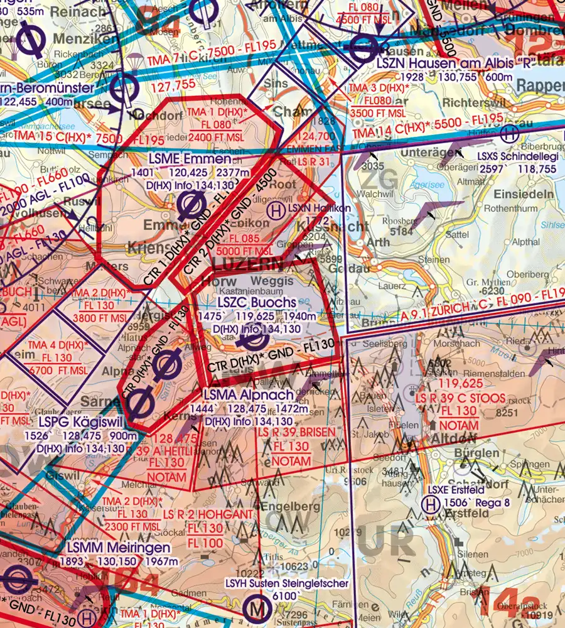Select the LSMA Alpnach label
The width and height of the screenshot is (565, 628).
coord(248,394)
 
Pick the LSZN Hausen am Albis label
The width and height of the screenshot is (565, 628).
coord(444,63)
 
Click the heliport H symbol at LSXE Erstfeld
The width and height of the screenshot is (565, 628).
coord(430,504)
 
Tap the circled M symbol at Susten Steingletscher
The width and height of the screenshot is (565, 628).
coord(256,608)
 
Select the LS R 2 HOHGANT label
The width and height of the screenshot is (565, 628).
coord(208,515)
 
